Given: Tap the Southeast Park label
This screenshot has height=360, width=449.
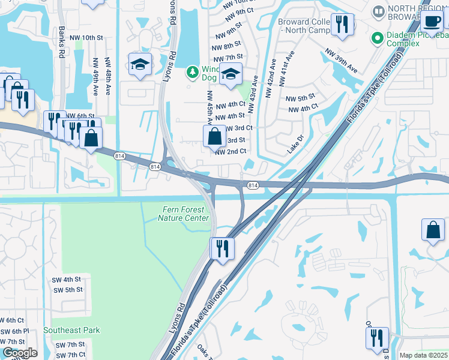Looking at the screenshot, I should pyautogui.click(x=72, y=330).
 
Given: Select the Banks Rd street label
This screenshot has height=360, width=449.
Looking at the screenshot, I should pyautogui.click(x=61, y=41).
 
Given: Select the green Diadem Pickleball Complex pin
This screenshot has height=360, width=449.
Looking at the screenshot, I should pyautogui.click(x=378, y=38).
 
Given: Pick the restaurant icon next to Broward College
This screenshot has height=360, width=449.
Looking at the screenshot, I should pyautogui.click(x=342, y=25).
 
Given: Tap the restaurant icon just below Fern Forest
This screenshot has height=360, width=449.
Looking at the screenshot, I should pyautogui.click(x=223, y=248).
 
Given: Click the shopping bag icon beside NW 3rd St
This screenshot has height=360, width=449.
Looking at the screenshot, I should pyautogui.click(x=215, y=136).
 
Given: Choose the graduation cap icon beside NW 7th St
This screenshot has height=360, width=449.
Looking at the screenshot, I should pyautogui.click(x=229, y=74).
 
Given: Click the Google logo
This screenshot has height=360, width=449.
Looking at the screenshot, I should pyautogui.click(x=19, y=353).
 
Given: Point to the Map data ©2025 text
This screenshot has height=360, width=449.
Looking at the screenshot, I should pyautogui.click(x=423, y=355).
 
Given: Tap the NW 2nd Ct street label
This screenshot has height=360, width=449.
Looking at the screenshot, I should pyautogui.click(x=231, y=151).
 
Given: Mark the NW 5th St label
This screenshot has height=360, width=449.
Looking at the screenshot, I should pyautogui.click(x=300, y=98).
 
